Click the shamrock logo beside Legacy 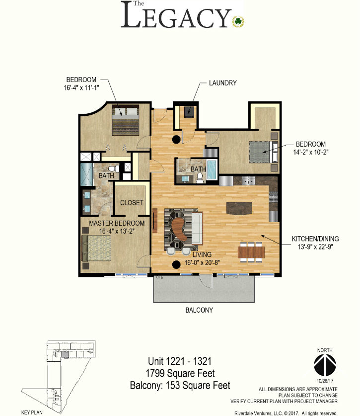[238, 21]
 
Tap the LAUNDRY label [222, 83]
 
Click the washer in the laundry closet [189, 111]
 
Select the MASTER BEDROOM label [117, 223]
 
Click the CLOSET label [132, 203]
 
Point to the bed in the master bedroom [96, 248]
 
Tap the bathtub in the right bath [212, 169]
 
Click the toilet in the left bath [114, 168]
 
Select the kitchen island [239, 208]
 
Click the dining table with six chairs [251, 252]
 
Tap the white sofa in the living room [197, 228]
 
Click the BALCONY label [199, 310]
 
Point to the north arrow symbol [325, 365]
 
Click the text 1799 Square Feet [180, 373]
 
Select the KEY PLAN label [32, 413]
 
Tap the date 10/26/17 [325, 381]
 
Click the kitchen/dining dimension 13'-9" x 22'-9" [315, 247]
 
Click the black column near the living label [176, 264]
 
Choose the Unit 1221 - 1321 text [180, 361]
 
